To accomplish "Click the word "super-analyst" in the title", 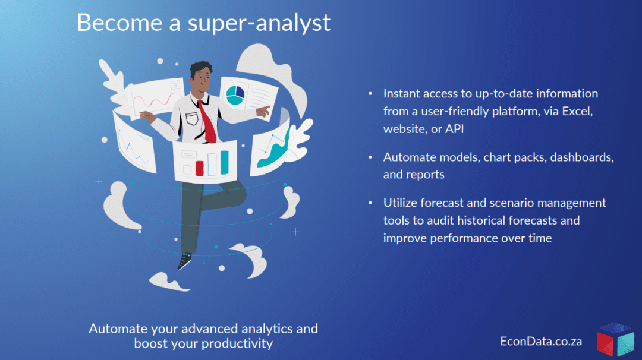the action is click(x=259, y=23).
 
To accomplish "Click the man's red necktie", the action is click(x=208, y=122).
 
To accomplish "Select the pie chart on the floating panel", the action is click(x=235, y=95).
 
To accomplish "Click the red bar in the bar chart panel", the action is click(x=199, y=168).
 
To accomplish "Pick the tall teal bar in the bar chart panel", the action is click(x=224, y=162).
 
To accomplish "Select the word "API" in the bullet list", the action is click(x=455, y=129).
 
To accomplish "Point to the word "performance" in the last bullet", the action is click(x=464, y=238).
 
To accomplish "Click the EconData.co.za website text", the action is click(x=541, y=341).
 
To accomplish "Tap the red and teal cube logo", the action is click(x=615, y=339).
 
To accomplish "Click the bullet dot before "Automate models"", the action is click(x=370, y=157).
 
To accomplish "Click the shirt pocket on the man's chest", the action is click(x=192, y=119).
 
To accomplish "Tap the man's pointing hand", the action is click(x=263, y=110).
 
